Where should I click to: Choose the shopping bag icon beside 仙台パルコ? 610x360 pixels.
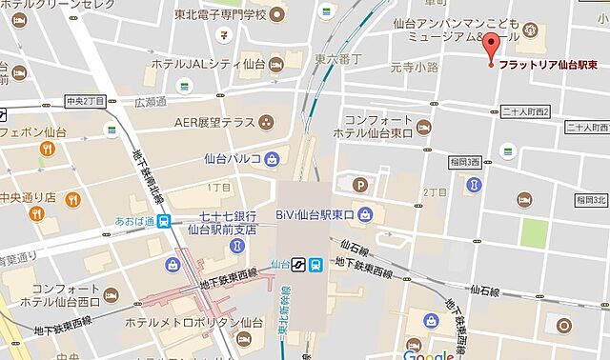coord(273,158)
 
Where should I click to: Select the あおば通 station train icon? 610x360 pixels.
coord(167,220)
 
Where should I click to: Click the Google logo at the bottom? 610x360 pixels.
coord(428,354)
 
